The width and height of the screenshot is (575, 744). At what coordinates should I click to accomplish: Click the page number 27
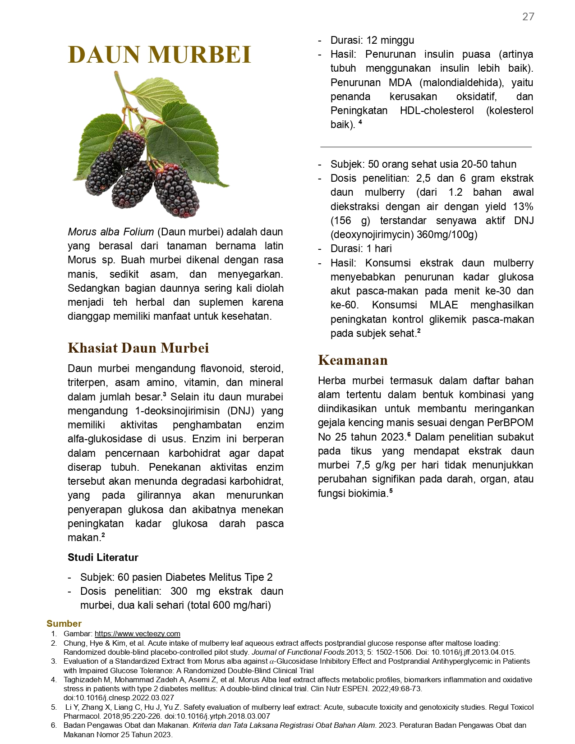click(528, 17)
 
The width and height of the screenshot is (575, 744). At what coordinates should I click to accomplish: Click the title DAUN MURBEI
click(159, 55)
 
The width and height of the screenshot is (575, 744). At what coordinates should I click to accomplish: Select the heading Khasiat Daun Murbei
click(138, 348)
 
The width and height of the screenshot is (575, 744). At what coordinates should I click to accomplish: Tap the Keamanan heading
click(353, 360)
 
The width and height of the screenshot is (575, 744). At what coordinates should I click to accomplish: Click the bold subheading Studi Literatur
click(103, 557)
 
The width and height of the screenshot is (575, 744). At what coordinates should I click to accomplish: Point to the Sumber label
click(64, 624)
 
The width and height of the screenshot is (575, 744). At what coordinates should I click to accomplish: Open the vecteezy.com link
click(137, 634)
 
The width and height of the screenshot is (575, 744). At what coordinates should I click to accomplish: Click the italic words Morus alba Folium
click(111, 232)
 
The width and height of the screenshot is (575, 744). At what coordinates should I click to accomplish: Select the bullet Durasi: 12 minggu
click(372, 40)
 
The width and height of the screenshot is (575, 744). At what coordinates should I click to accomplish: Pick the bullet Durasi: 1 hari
click(361, 248)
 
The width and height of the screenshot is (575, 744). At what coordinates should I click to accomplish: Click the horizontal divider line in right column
click(426, 147)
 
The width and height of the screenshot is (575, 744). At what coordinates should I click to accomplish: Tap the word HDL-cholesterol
click(437, 110)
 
